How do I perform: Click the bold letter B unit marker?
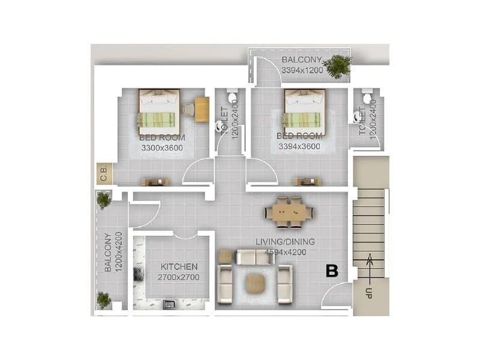(332, 271)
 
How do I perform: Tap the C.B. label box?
(103, 175)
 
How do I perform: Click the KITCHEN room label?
(179, 266)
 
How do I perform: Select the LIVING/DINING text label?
(286, 242)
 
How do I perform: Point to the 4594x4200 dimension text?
(286, 252)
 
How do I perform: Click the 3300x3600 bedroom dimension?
(162, 147)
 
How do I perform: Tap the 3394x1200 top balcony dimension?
(302, 70)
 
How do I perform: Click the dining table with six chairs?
(289, 212)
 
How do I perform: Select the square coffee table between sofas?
(256, 282)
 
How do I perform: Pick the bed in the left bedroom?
(159, 112)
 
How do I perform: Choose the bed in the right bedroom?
(304, 112)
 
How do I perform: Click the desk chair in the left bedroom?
(188, 109)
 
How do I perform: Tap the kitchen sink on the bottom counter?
(169, 305)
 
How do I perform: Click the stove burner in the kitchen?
(138, 274)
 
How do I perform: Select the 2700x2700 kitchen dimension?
(179, 277)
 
